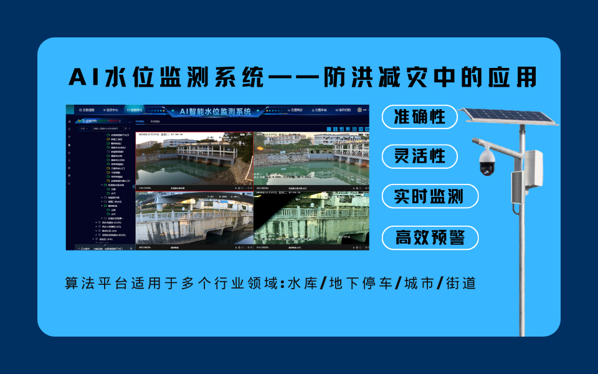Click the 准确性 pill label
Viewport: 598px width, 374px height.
[420, 117]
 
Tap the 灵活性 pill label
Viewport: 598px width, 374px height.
[420, 156]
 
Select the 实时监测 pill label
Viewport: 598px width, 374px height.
[429, 196]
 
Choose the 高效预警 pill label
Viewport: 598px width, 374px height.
[429, 237]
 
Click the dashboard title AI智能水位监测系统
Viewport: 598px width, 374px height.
[216, 112]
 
